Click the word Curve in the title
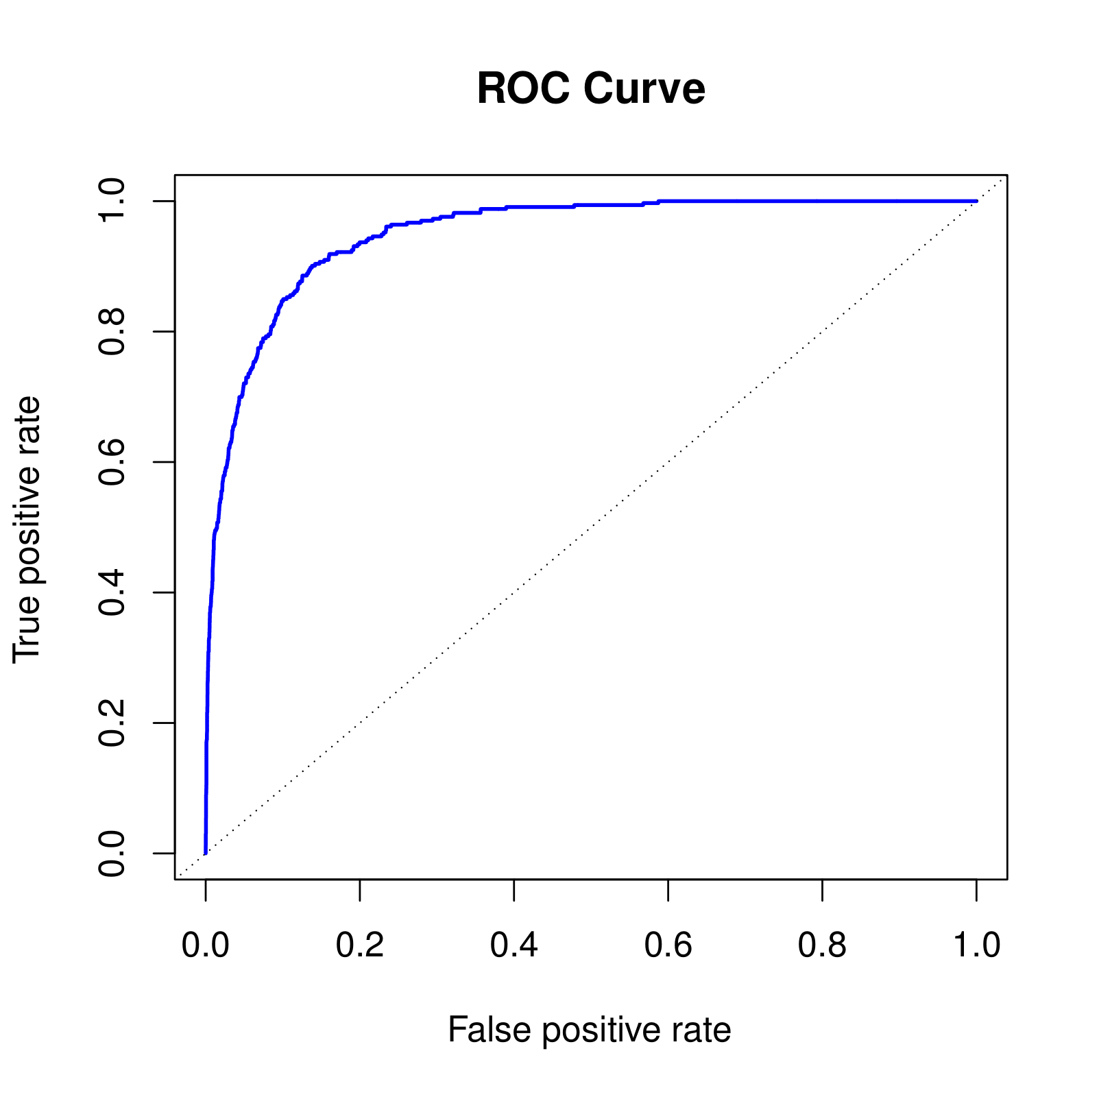pyautogui.click(x=644, y=88)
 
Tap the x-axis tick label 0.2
pyautogui.click(x=360, y=945)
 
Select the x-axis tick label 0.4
pyautogui.click(x=514, y=945)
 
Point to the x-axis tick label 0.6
pyautogui.click(x=668, y=945)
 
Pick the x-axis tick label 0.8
pyautogui.click(x=822, y=945)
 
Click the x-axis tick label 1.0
pyautogui.click(x=976, y=945)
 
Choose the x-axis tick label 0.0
pyautogui.click(x=206, y=945)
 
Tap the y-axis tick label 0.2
pyautogui.click(x=112, y=723)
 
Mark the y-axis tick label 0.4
pyautogui.click(x=112, y=592)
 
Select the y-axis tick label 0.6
pyautogui.click(x=112, y=462)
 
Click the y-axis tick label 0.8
pyautogui.click(x=112, y=331)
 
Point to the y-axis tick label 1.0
pyautogui.click(x=112, y=201)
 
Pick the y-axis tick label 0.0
pyautogui.click(x=112, y=853)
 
